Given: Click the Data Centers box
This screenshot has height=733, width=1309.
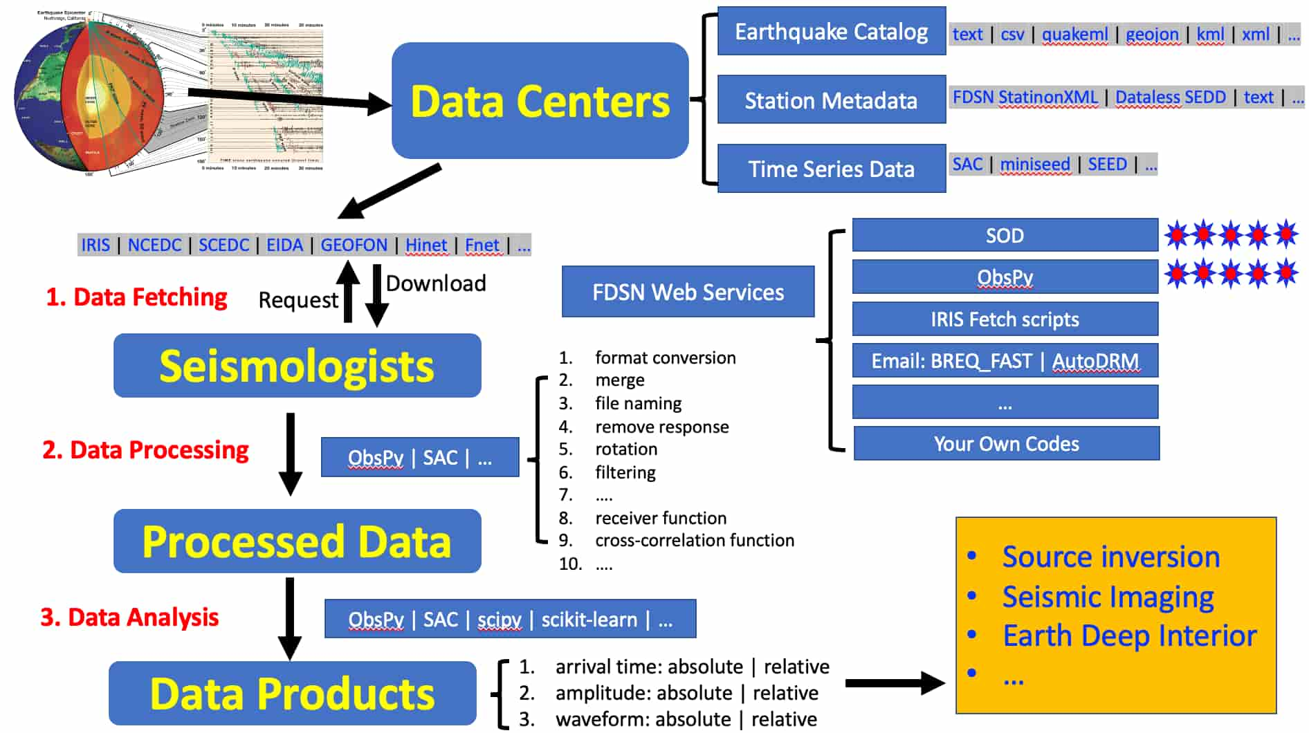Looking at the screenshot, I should coord(540,101).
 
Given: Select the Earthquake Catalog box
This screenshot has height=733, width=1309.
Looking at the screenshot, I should coord(831,31).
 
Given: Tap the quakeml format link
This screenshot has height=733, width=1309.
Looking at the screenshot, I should coord(1074,34).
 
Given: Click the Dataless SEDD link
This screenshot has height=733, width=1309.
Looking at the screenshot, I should coord(1170,98).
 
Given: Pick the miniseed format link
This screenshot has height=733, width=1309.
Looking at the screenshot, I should coord(1034,165).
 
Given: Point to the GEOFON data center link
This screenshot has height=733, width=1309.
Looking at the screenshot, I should coord(354,245).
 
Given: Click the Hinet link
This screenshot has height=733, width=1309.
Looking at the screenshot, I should coord(425,245).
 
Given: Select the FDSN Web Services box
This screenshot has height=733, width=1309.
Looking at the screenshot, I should coord(688,292).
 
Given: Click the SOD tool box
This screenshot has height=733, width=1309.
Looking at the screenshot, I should coord(1005,236).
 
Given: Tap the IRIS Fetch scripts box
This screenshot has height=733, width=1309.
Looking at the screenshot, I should coord(1005,319).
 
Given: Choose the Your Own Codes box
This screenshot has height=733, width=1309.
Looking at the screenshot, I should coord(1006,444).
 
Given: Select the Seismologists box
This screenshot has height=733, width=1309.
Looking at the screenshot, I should coord(297,366).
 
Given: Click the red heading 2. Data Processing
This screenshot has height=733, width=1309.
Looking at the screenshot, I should coord(145,450).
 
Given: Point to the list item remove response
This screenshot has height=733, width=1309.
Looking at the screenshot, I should coord(661,427).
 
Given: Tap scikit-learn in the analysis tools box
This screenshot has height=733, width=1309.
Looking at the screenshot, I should coord(589,620).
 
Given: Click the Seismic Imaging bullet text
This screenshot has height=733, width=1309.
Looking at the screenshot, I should coord(1108,597).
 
